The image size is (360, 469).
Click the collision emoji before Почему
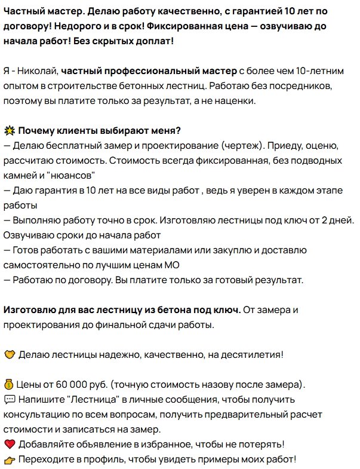click(9, 131)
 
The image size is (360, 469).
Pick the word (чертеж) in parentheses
click(239, 146)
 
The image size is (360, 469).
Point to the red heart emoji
click(9, 445)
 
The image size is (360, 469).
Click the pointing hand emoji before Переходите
click(9, 459)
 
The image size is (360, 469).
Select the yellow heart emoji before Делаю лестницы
click(9, 355)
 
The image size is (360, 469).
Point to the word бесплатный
click(73, 146)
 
